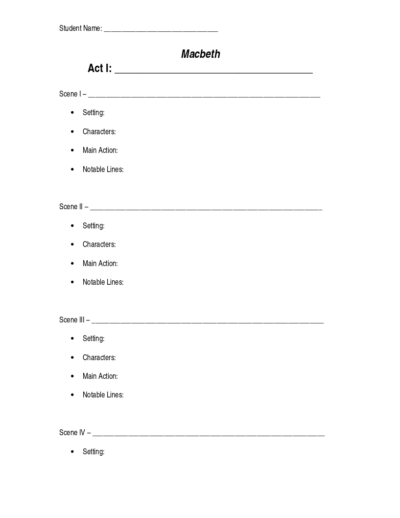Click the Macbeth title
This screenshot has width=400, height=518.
click(x=200, y=54)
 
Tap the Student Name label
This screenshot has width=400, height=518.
click(x=80, y=28)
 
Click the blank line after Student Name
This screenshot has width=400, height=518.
click(x=161, y=30)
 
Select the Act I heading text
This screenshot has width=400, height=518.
click(x=99, y=68)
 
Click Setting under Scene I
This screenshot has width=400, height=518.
click(x=94, y=113)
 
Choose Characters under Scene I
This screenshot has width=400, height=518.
click(x=99, y=132)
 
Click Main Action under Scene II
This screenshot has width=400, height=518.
click(x=100, y=264)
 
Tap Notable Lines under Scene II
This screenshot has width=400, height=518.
click(x=103, y=282)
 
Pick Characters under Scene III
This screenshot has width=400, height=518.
click(x=99, y=358)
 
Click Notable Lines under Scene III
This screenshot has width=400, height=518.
click(x=103, y=395)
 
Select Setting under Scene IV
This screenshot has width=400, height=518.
click(x=94, y=452)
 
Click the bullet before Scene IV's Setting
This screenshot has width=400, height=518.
click(x=72, y=451)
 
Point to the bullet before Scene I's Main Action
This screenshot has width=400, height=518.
click(x=72, y=150)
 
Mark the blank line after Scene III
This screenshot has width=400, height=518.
click(x=208, y=322)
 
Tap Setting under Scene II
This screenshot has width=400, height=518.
click(x=94, y=226)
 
